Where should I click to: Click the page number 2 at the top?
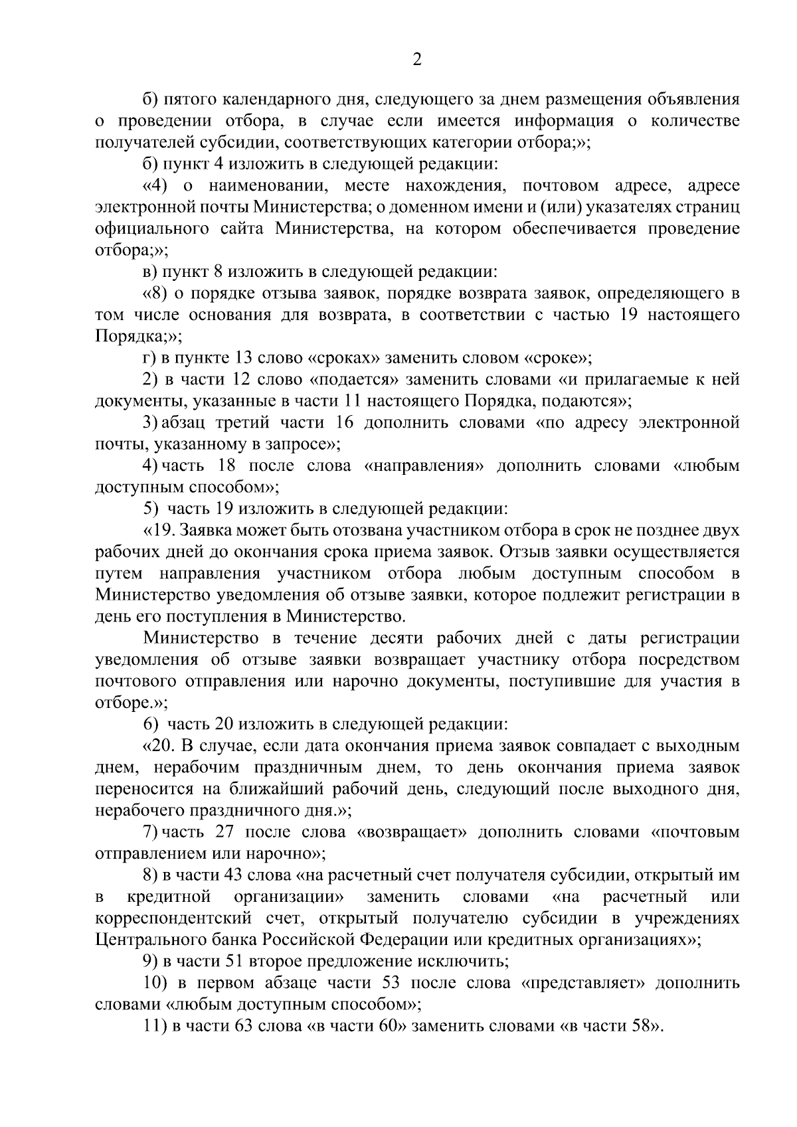417,60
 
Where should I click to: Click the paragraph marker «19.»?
160,531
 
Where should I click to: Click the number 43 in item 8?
238,875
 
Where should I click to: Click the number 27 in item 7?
226,832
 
